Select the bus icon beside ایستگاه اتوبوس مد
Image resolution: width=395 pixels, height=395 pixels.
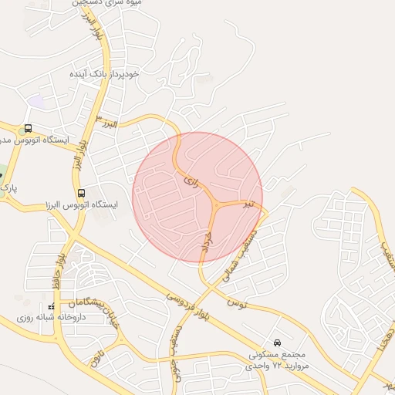point(29,128)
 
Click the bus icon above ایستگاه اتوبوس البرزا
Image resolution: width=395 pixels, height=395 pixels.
point(81,192)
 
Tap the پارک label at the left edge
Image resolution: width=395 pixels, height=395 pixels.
point(8,187)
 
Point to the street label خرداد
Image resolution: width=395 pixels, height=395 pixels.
point(205,245)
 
